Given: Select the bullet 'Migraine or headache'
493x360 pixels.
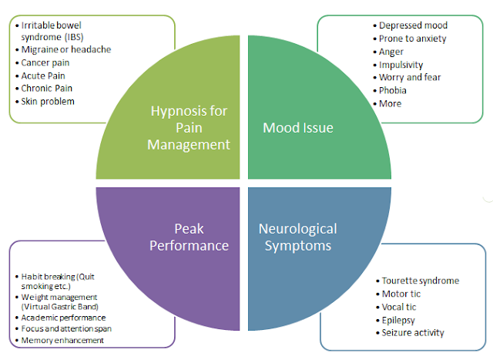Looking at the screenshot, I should click(65, 49).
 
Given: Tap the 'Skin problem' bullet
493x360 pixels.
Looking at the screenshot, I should click(48, 101).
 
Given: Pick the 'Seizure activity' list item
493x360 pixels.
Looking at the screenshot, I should click(414, 333).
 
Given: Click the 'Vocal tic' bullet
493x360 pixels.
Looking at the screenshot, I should click(401, 307).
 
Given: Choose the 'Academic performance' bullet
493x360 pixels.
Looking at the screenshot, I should click(64, 317).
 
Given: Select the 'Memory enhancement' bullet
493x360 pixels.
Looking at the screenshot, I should click(63, 340).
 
